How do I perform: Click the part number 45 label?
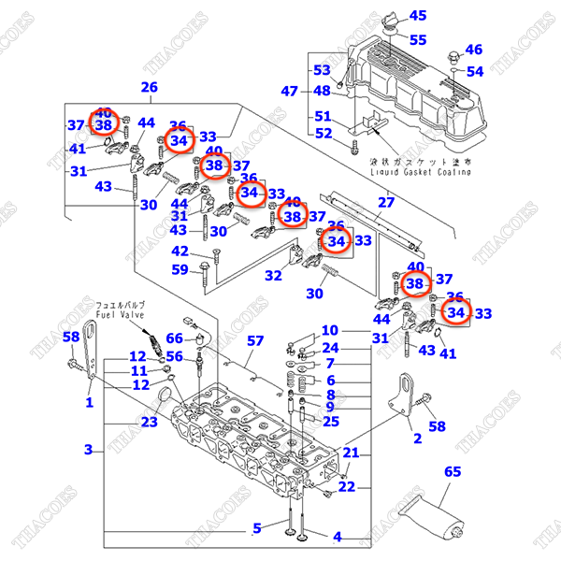point(417,15)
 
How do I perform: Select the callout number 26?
point(150,88)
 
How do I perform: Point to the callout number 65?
point(453,473)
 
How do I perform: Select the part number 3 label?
point(88,450)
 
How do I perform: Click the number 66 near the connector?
point(175,338)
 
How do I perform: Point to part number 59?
point(180,271)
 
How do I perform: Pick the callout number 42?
point(180,251)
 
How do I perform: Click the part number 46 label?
point(474,50)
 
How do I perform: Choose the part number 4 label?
point(337,537)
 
